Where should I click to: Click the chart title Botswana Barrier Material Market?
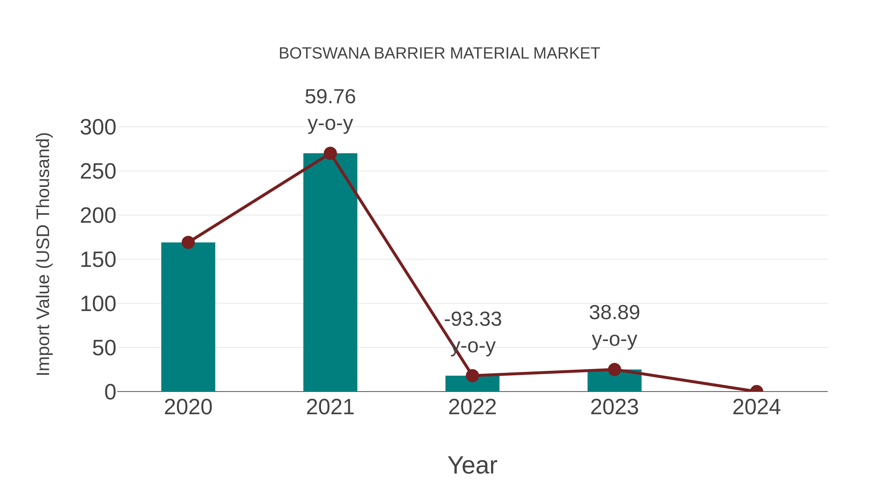(439, 53)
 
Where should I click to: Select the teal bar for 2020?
(188, 317)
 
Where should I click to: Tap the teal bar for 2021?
(330, 273)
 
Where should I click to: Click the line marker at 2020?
(188, 242)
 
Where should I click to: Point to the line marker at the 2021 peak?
(330, 153)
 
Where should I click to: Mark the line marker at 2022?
(472, 375)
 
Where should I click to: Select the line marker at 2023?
(614, 369)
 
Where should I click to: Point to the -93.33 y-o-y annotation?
(473, 333)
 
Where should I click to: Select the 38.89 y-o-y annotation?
(614, 326)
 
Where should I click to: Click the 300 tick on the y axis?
(98, 128)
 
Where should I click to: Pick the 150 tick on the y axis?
(98, 260)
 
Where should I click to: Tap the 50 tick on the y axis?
(104, 348)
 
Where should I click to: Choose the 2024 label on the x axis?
(756, 407)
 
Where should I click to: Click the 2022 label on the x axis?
(472, 407)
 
